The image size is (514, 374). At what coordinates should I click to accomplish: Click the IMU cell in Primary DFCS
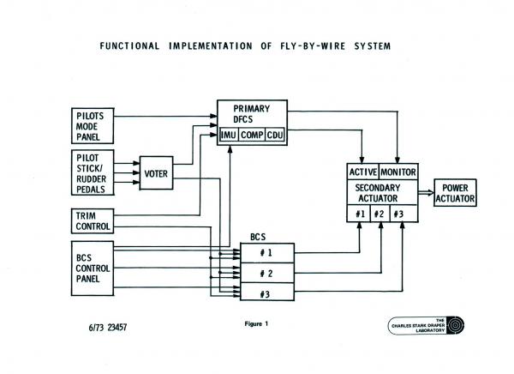[x=228, y=136]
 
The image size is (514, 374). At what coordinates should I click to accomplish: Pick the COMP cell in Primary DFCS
[x=251, y=136]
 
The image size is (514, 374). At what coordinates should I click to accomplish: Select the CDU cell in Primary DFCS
[x=274, y=136]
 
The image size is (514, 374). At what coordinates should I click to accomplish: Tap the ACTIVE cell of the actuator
[x=363, y=172]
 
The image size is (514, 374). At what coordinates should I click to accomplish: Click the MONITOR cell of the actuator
[x=397, y=172]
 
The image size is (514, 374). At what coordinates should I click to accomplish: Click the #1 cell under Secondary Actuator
[x=361, y=214]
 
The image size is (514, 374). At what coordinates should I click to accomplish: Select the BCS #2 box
[x=266, y=273]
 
